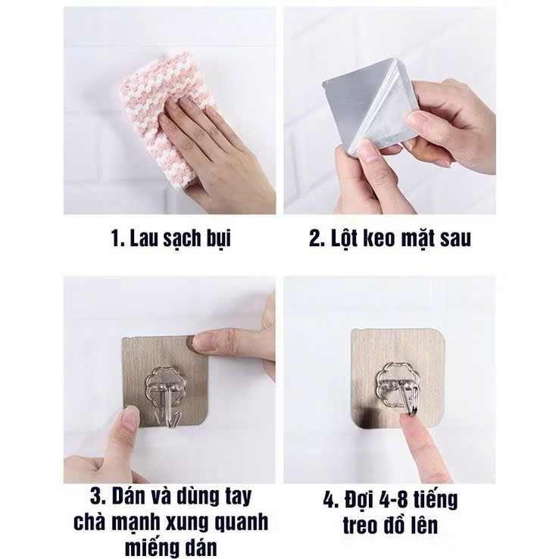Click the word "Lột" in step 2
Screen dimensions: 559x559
pyautogui.click(x=345, y=239)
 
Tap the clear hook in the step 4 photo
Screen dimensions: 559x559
pyautogui.click(x=396, y=388)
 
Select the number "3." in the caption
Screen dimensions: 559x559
pyautogui.click(x=98, y=497)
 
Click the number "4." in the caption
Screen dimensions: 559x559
pyautogui.click(x=331, y=500)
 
